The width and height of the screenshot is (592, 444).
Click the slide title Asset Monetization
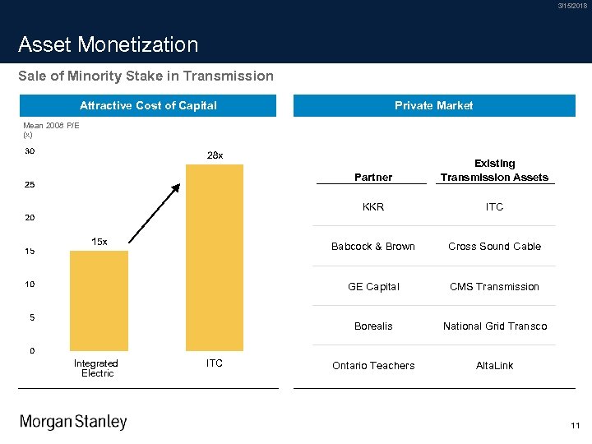click(x=109, y=44)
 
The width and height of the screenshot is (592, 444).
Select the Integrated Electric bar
click(x=99, y=300)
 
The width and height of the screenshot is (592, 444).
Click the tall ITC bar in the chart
click(x=215, y=257)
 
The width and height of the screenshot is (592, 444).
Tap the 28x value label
click(x=215, y=155)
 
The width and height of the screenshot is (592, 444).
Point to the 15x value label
click(x=99, y=242)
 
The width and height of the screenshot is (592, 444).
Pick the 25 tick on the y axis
click(x=30, y=184)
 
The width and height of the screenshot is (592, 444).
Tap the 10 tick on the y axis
click(x=30, y=284)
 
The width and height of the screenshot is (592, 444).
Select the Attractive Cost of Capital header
click(x=148, y=105)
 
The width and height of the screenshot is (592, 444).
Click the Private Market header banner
click(x=433, y=105)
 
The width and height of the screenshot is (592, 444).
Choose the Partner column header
click(x=373, y=177)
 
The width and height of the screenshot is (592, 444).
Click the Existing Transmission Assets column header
click(x=494, y=170)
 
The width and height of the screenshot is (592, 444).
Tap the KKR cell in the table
click(x=373, y=207)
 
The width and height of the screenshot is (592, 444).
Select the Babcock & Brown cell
click(x=373, y=247)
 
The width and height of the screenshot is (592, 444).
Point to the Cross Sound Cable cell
click(x=494, y=247)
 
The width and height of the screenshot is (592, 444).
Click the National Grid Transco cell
click(x=494, y=326)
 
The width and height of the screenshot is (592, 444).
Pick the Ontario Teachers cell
click(x=373, y=366)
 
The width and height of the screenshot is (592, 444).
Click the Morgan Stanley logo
click(x=73, y=422)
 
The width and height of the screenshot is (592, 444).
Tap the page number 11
click(x=575, y=426)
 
